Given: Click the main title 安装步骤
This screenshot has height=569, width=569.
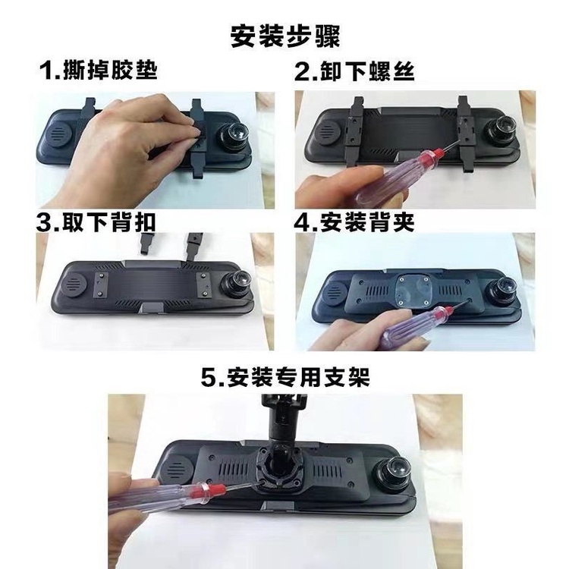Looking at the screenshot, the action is point(285,36).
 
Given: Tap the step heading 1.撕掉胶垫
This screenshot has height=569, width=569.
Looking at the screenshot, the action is point(99,70).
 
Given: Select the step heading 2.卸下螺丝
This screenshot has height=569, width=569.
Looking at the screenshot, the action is point(354,71).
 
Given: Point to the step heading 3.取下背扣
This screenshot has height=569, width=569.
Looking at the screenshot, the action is point(96,222).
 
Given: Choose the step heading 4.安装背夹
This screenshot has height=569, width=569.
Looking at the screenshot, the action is point(354,222).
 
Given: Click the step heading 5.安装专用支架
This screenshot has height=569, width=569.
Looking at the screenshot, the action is point(285,377).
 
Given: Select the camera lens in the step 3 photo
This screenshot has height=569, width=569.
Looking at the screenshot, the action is point(238,283).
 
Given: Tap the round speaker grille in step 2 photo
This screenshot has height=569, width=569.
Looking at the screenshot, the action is point(329,133).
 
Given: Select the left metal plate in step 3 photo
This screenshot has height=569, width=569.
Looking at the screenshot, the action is point(100,284).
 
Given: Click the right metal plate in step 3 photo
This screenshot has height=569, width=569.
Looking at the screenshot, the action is point(204,284).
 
